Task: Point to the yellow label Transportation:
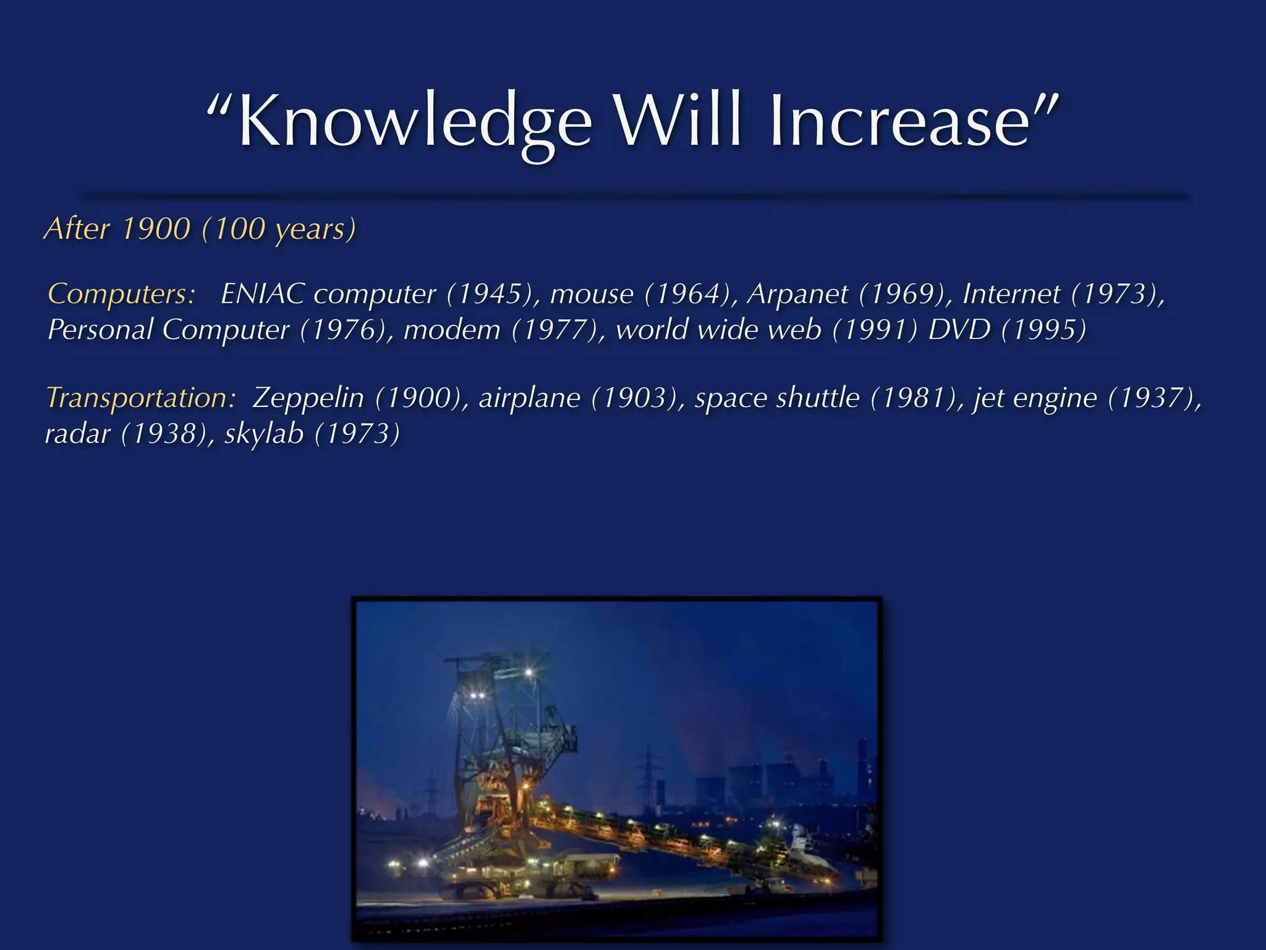point(142,397)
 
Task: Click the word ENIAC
point(262,293)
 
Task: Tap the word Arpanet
point(797,293)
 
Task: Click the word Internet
point(1011,293)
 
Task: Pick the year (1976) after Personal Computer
point(346,329)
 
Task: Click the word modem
point(452,329)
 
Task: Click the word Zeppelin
point(308,397)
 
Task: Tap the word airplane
point(529,397)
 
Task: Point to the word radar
point(78,433)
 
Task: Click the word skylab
point(264,433)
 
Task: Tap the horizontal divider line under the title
point(633,196)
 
